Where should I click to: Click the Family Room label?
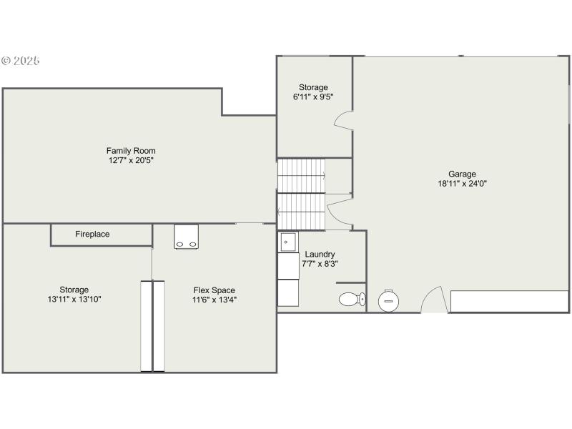pyautogui.click(x=131, y=151)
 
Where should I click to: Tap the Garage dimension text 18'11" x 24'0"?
pyautogui.click(x=462, y=183)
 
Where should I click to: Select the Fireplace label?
pyautogui.click(x=92, y=234)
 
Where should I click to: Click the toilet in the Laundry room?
pyautogui.click(x=351, y=299)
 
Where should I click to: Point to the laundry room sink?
pyautogui.click(x=287, y=242)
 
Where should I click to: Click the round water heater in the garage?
pyautogui.click(x=389, y=300)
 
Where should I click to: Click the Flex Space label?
pyautogui.click(x=214, y=290)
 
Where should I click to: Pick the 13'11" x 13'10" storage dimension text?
pyautogui.click(x=74, y=300)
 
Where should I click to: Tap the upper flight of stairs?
pyautogui.click(x=301, y=175)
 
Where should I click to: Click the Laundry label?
pyautogui.click(x=320, y=254)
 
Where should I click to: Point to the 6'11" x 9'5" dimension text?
pyautogui.click(x=313, y=97)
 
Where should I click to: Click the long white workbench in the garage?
pyautogui.click(x=509, y=301)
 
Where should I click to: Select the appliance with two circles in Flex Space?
pyautogui.click(x=187, y=237)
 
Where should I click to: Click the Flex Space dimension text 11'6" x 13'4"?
pyautogui.click(x=214, y=300)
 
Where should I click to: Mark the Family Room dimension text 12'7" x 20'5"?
pyautogui.click(x=131, y=161)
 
